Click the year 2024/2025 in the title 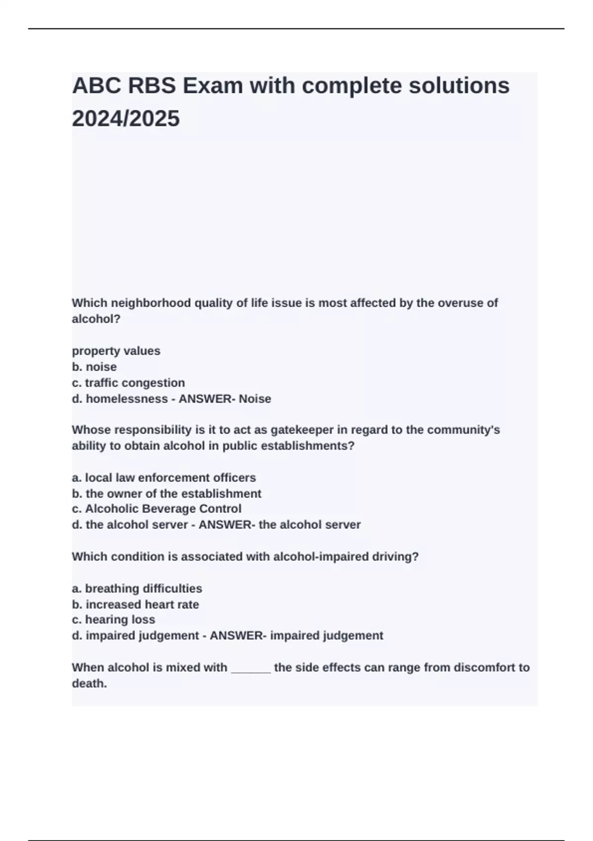pos(126,119)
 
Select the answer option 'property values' pos(116,351)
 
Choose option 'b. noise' pos(94,367)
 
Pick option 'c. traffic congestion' pos(128,382)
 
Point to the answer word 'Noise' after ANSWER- pos(255,399)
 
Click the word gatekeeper pos(298,429)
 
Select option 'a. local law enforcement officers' pos(164,477)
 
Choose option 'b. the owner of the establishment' pos(167,493)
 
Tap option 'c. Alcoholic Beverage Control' pos(157,509)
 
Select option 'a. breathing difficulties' pos(137,588)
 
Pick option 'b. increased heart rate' pos(135,604)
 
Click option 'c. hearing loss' pos(114,619)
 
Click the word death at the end pos(89,683)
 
